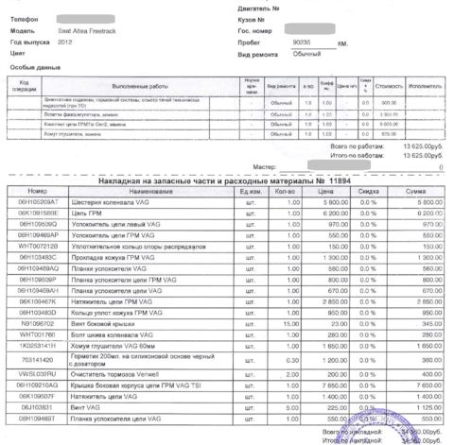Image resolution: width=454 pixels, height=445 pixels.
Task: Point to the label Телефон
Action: [x=26, y=19]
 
